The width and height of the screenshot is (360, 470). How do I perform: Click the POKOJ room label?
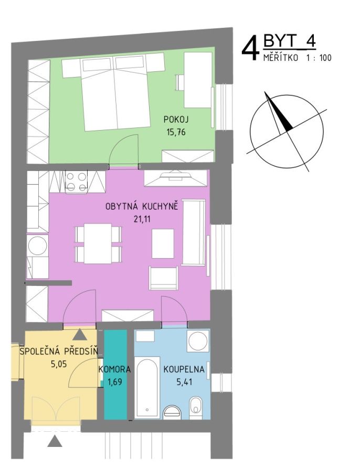click(176, 119)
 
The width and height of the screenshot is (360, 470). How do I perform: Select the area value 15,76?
click(176, 132)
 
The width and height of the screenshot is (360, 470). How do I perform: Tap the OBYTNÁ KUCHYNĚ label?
click(142, 207)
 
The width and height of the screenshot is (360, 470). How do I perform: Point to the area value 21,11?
click(142, 219)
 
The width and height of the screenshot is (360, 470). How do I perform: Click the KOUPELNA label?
click(184, 369)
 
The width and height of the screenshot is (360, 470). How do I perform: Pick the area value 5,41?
click(184, 382)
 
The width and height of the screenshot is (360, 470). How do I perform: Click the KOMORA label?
click(114, 369)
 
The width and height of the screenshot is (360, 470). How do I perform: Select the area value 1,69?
click(114, 382)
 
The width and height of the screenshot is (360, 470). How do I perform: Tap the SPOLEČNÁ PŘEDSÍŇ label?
click(59, 351)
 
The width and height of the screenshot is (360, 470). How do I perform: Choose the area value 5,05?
click(58, 364)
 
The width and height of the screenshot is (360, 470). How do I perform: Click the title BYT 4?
click(289, 41)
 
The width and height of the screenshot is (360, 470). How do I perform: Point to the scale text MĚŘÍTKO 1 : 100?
click(298, 57)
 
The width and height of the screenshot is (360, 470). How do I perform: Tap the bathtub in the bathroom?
click(147, 387)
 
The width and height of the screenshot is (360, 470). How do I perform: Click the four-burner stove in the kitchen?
click(76, 182)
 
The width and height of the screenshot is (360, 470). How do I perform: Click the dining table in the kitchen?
click(98, 243)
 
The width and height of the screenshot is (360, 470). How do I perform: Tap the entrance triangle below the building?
click(55, 441)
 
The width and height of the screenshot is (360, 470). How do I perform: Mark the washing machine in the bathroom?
click(198, 341)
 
